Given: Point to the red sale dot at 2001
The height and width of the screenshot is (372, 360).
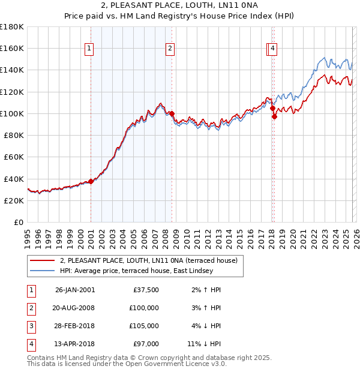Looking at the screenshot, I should pyautogui.click(x=91, y=181).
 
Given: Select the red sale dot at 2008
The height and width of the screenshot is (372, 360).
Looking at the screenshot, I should pyautogui.click(x=172, y=113).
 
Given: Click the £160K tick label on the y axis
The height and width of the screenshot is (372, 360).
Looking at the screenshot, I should pyautogui.click(x=13, y=48).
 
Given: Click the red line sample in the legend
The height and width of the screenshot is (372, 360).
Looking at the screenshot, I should pyautogui.click(x=43, y=260).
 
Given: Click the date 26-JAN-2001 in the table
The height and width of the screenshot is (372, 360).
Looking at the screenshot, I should pyautogui.click(x=74, y=290).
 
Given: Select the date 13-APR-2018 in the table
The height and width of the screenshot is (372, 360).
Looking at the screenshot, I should pyautogui.click(x=74, y=344).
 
